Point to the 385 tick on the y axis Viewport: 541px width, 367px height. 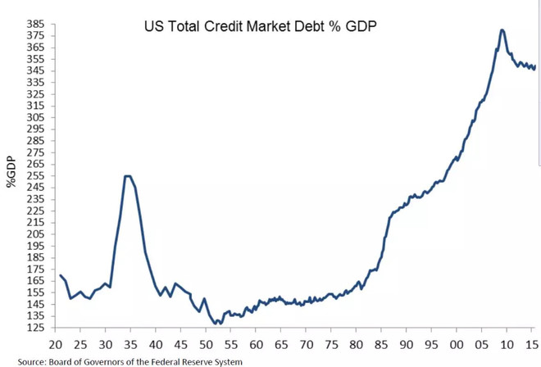[35, 24]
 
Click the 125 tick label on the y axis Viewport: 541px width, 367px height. [35, 328]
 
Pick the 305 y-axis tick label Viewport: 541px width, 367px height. [35, 117]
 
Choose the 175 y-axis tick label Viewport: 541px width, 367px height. [35, 270]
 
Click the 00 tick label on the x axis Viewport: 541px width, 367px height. [457, 342]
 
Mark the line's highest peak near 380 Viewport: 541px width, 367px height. [502, 30]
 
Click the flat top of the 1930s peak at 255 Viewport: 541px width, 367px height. [127, 175]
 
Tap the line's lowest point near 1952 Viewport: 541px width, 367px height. [218, 324]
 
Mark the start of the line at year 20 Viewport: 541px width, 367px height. [60, 276]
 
